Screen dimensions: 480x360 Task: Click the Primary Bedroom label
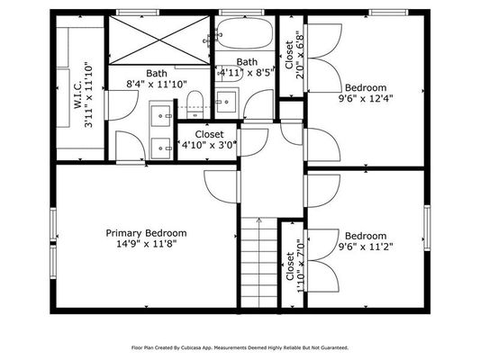pyautogui.click(x=146, y=233)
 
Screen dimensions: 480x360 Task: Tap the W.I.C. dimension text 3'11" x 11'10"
pyautogui.click(x=89, y=94)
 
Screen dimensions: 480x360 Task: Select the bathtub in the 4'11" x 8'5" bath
pyautogui.click(x=244, y=33)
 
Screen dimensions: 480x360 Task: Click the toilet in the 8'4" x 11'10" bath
pyautogui.click(x=195, y=104)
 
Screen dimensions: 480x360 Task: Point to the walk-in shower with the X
pyautogui.click(x=159, y=40)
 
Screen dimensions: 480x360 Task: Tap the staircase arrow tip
pyautogui.click(x=259, y=218)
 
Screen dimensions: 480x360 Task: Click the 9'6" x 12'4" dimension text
pyautogui.click(x=366, y=99)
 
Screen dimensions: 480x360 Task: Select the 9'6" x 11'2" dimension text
pyautogui.click(x=366, y=247)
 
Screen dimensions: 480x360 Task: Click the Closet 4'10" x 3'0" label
pyautogui.click(x=210, y=139)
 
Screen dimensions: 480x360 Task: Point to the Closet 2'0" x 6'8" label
pyautogui.click(x=294, y=55)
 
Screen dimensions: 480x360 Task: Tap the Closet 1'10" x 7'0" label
pyautogui.click(x=295, y=265)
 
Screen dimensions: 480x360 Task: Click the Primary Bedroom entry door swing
pyautogui.click(x=221, y=186)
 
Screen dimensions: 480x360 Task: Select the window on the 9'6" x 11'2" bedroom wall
pyautogui.click(x=427, y=228)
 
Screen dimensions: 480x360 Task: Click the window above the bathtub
pyautogui.click(x=242, y=13)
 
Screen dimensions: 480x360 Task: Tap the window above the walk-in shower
pyautogui.click(x=139, y=13)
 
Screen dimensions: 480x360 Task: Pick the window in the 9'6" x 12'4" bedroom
pyautogui.click(x=388, y=13)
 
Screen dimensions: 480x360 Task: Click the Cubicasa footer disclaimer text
pyautogui.click(x=240, y=347)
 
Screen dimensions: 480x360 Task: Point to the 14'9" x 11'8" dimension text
pyautogui.click(x=147, y=244)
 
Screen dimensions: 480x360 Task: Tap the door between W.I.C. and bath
pyautogui.click(x=121, y=105)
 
